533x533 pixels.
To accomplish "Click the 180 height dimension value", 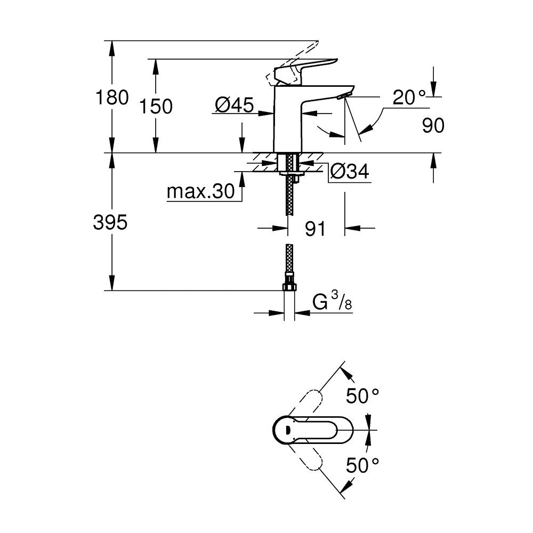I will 111,98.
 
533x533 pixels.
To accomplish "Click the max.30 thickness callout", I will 200,191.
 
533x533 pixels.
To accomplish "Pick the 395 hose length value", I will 110,222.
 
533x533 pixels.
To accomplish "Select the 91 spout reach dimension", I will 316,229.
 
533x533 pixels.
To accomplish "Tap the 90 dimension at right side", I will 433,126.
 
